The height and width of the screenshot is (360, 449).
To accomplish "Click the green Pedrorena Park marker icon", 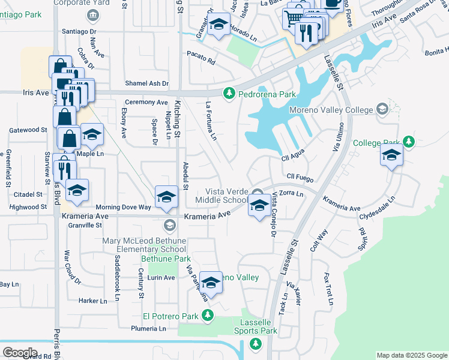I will pos(229,94).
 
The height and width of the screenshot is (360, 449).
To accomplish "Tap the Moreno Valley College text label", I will pos(332,110).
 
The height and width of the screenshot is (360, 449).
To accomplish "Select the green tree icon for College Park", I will pos(409,142).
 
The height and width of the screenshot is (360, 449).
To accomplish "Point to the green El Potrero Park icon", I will pos(208,315).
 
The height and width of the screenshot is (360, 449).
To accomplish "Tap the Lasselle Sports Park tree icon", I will pos(255,343).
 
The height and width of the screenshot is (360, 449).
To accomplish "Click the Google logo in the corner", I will pos(20,352).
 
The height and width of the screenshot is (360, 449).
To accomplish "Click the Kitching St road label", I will pos(178,118).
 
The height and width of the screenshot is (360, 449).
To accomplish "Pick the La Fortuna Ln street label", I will pos(210,121).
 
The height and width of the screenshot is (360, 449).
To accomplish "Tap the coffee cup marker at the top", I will pos(332,2).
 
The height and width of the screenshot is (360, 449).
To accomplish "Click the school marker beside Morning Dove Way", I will pos(165,197).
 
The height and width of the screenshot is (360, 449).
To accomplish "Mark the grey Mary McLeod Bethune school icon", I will pos(169,225).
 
